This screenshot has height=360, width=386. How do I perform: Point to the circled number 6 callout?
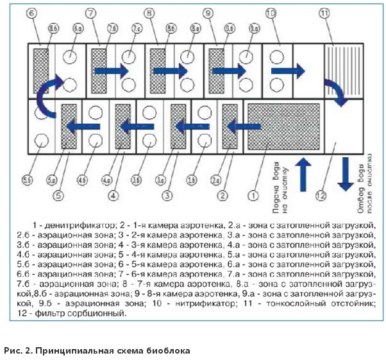33,12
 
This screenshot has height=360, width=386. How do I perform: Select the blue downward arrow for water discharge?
345,175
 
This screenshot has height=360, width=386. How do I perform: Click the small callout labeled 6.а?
78,28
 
